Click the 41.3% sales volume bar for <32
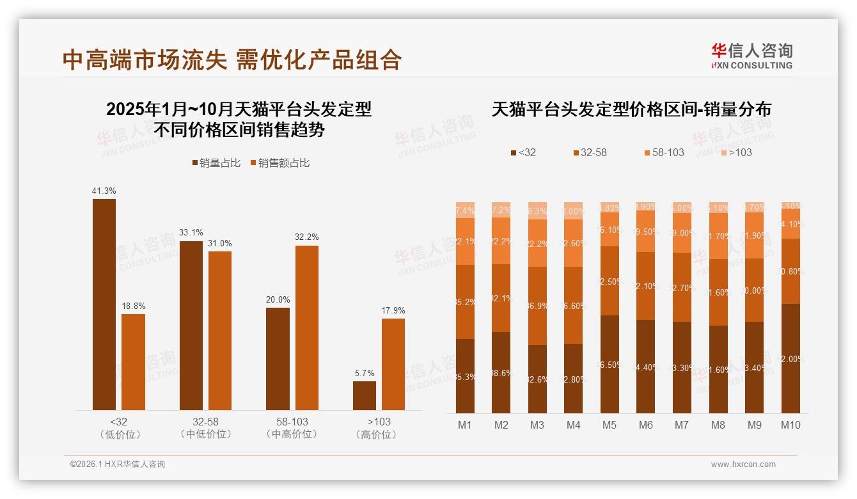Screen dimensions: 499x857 coord(104,304)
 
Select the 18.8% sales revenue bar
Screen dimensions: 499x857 coord(133,361)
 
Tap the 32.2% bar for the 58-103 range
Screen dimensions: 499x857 coord(306,328)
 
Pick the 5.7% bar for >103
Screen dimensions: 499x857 coord(365,395)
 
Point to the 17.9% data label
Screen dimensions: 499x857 coord(393,310)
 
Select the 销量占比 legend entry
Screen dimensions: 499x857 coord(216,163)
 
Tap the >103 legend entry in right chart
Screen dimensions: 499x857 coord(737,152)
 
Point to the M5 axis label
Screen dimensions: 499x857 coord(609,425)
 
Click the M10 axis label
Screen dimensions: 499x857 coord(790,425)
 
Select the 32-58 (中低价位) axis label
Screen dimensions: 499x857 coord(205,428)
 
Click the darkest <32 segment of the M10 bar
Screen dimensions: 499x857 coord(790,358)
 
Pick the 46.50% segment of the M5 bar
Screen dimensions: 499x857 coord(609,364)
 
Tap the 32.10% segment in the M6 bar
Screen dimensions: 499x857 coord(646,286)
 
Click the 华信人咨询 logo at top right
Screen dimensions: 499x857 coord(751,56)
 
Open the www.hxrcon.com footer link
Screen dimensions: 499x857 coord(743,464)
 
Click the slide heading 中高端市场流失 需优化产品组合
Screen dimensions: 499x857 coord(232,59)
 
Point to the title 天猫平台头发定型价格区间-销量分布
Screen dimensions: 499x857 coord(631,109)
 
